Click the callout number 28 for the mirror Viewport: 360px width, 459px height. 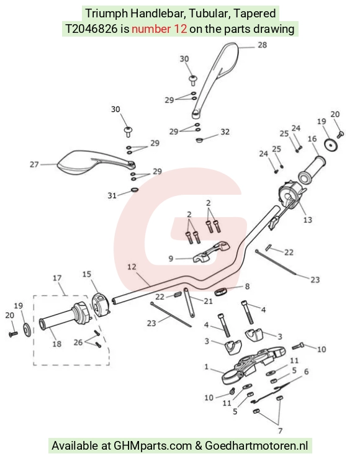click(x=262, y=45)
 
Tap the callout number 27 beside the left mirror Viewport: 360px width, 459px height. click(x=34, y=164)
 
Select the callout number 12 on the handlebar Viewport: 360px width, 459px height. click(x=132, y=267)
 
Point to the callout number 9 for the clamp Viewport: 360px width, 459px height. click(x=171, y=259)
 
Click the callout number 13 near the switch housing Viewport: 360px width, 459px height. click(x=308, y=220)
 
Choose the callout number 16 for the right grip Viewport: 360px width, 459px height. click(x=312, y=138)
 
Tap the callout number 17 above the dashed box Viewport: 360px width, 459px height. click(x=57, y=277)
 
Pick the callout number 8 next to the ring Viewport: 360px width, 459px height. click(x=247, y=286)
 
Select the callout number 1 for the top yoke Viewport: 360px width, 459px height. click(x=207, y=367)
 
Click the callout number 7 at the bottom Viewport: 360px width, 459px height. click(x=280, y=430)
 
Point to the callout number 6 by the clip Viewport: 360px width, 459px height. click(x=307, y=372)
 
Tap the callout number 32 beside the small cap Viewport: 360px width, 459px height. click(x=225, y=131)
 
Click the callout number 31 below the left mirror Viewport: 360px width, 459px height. click(x=112, y=195)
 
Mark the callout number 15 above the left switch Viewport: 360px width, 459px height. click(x=87, y=274)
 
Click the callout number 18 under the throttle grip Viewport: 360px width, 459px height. click(x=57, y=344)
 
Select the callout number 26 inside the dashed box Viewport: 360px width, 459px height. click(x=78, y=342)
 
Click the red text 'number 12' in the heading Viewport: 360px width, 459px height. click(x=160, y=29)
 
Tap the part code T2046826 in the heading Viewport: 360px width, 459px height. click(x=91, y=29)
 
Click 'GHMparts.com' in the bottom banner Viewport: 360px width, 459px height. click(x=153, y=446)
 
